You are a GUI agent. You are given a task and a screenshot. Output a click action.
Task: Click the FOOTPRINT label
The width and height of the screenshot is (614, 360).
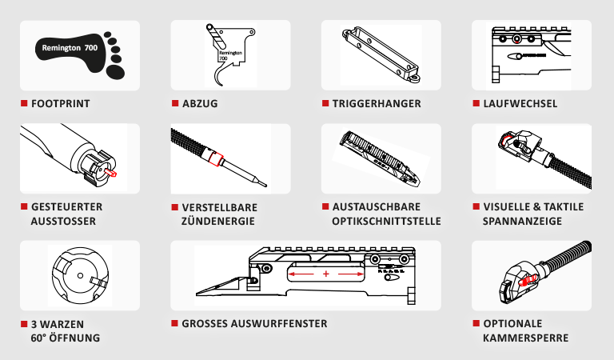pos(60,103)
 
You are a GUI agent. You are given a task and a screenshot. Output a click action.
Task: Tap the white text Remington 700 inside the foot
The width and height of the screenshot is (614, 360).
pos(70,48)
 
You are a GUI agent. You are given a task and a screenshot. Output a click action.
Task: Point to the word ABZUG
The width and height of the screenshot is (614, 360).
pos(200,103)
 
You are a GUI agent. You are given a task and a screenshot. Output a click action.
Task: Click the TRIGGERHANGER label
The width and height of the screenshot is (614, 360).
pos(377,103)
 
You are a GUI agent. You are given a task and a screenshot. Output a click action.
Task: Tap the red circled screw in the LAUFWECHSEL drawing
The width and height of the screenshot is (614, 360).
pos(517,38)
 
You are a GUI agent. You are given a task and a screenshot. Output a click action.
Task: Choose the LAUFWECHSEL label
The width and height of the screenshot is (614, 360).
pos(520,103)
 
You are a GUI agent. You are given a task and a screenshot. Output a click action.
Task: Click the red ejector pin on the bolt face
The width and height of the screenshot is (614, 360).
pos(112,173)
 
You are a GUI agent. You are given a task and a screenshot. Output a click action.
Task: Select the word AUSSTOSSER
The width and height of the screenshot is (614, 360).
pos(63,221)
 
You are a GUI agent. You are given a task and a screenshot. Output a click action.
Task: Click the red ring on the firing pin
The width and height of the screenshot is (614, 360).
pos(214,158)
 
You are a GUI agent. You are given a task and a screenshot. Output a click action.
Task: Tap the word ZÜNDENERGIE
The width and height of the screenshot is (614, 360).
pos(217,221)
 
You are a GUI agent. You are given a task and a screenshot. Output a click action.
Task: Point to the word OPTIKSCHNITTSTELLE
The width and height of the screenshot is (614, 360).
pos(386,221)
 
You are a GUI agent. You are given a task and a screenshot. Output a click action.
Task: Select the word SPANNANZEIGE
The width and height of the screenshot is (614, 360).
pos(522,221)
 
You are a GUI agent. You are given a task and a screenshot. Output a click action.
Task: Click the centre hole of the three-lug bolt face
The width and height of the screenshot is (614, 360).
pos(80,275)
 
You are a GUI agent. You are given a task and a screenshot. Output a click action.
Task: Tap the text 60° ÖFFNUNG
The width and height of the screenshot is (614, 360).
pos(66,338)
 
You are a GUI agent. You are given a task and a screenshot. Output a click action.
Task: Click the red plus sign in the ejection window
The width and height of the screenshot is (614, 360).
pos(326,274)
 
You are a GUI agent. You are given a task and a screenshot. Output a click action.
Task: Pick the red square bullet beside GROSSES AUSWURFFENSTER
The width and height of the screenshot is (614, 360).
pos(174,323)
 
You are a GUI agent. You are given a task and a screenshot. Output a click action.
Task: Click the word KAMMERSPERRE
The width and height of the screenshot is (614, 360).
pos(525,338)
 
